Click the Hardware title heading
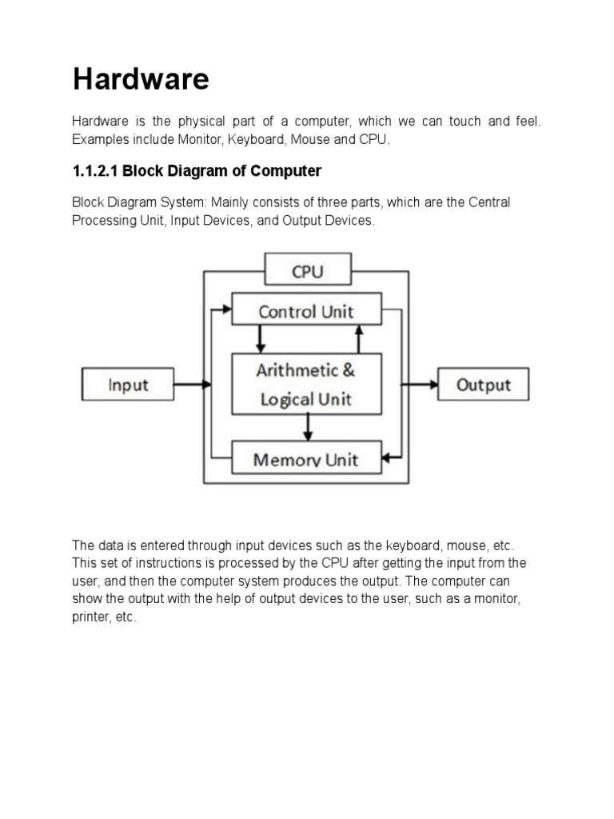tap(141, 79)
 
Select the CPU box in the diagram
tap(307, 271)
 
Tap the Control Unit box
tap(306, 311)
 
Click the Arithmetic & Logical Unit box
tap(306, 384)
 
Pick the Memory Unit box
tap(306, 459)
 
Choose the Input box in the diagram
tap(128, 385)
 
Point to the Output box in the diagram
tap(483, 385)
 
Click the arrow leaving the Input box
tap(192, 385)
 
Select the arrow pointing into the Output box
tap(422, 385)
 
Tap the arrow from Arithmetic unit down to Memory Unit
tap(307, 427)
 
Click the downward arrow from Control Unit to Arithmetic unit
tap(259, 338)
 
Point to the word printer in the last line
tap(88, 617)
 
